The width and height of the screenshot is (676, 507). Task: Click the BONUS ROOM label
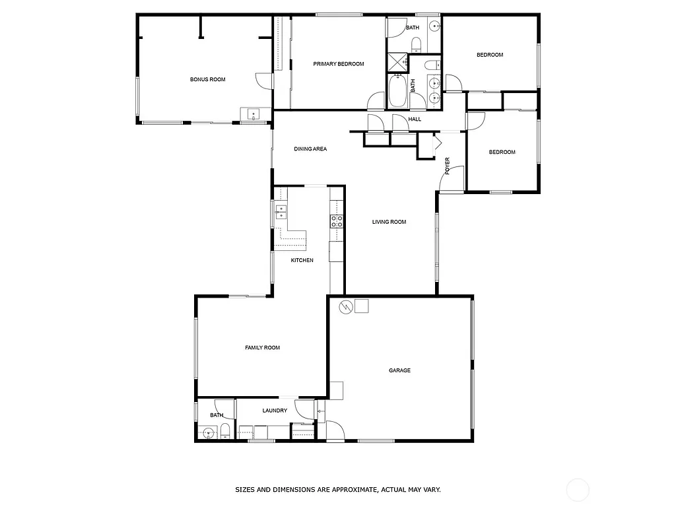point(207,79)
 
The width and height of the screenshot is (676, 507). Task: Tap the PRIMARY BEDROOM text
point(339,64)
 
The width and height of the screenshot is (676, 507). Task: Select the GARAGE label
point(399,370)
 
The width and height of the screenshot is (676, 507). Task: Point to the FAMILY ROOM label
point(262,348)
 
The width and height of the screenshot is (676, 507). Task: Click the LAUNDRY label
point(275,411)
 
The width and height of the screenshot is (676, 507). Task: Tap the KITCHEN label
point(302,260)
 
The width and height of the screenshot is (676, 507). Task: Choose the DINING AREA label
point(310,149)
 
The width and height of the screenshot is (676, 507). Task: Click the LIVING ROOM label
point(389,222)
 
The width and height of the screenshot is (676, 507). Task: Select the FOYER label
point(448,165)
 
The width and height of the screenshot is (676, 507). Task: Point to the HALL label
point(415,119)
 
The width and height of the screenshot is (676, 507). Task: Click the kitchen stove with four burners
point(336,221)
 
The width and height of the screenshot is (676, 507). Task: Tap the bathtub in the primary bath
point(397,91)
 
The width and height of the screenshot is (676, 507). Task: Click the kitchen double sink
point(280,212)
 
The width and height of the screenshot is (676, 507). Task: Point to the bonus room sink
point(253,114)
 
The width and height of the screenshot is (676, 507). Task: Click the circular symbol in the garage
point(345,306)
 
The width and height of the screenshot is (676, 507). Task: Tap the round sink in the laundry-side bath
point(209,433)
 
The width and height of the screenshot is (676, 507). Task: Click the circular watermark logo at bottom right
point(578,489)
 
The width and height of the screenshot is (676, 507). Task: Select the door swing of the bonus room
point(265,80)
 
